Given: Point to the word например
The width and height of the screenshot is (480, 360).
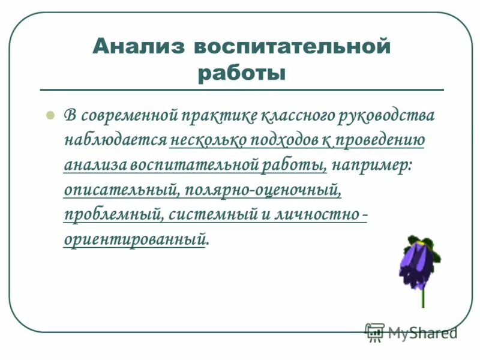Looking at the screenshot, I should (x=372, y=164).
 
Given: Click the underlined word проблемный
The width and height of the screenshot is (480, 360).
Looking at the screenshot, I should (x=113, y=214).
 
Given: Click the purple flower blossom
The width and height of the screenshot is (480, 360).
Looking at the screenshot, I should (x=418, y=263).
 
